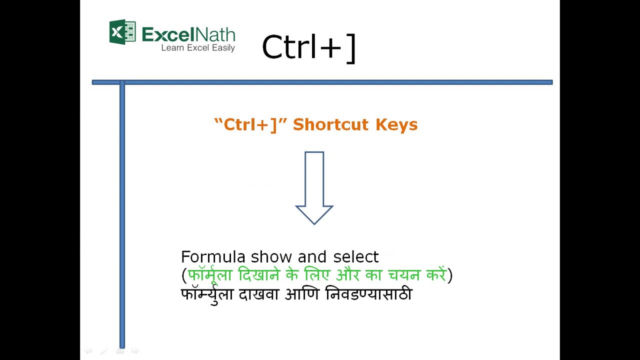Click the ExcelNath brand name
(188, 34)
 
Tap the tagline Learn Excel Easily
(197, 48)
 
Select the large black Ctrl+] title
(308, 47)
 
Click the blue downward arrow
(314, 188)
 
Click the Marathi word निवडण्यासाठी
(368, 294)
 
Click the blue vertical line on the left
(122, 215)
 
